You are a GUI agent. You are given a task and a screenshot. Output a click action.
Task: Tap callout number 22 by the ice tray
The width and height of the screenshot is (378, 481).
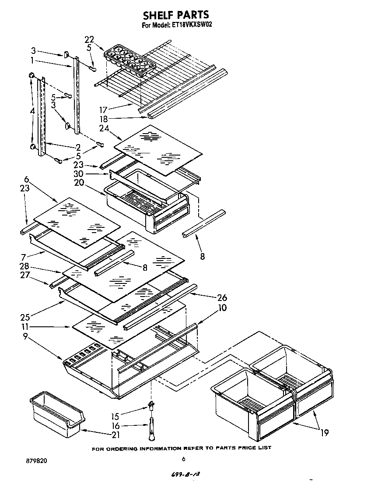(89, 40)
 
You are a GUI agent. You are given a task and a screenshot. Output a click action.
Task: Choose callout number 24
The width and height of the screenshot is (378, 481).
(104, 128)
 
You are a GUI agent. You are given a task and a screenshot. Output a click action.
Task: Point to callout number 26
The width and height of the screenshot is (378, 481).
(222, 298)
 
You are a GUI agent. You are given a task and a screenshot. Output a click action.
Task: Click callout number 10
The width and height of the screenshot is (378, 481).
(222, 308)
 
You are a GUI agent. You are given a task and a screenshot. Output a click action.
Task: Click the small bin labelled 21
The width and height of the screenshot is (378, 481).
(56, 414)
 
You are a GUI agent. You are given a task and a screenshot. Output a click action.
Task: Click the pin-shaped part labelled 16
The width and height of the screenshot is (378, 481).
(151, 430)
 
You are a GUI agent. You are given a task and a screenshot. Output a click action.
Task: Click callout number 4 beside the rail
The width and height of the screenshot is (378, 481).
(33, 112)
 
